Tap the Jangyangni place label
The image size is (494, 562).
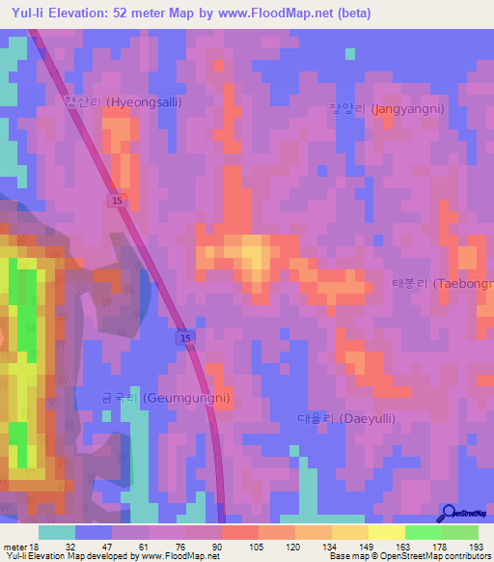[x=386, y=109]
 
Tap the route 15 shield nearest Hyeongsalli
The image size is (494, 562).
[x=116, y=199]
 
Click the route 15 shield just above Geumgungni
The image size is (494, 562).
[x=184, y=338]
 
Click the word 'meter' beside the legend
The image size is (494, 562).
[x=14, y=545]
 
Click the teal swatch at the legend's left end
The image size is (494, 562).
[x=57, y=531]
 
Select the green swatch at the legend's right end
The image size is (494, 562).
[x=460, y=531]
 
